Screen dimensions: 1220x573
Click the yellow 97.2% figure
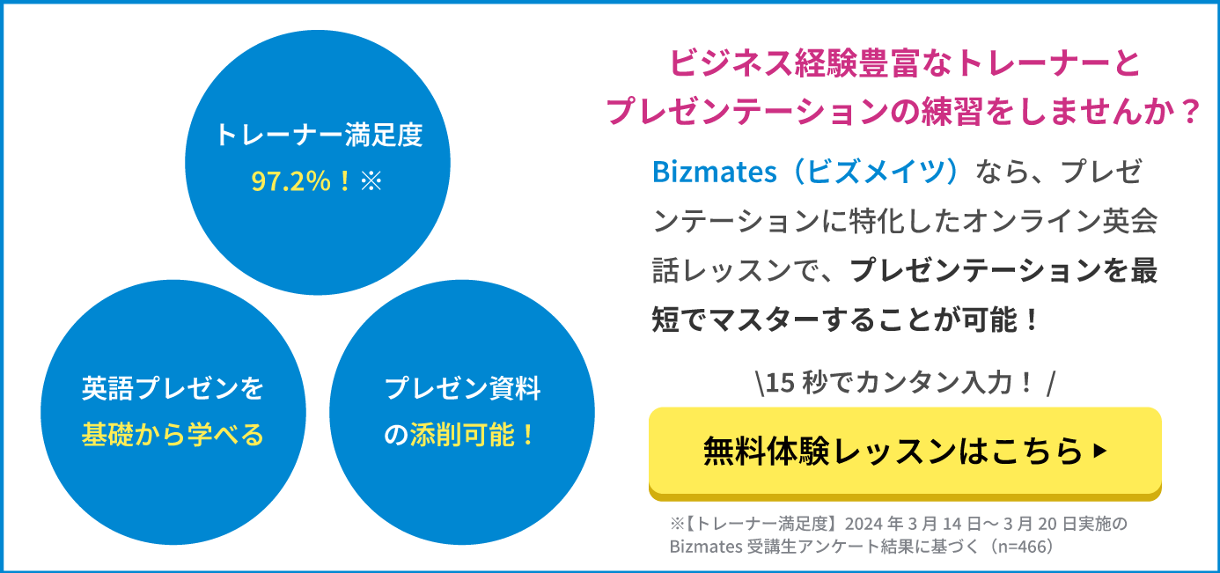click(290, 180)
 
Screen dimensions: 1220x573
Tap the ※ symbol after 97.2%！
click(371, 181)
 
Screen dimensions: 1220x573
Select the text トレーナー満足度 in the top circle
click(319, 135)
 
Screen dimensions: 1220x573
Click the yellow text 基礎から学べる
click(173, 435)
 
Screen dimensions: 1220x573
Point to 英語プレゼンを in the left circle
click(173, 388)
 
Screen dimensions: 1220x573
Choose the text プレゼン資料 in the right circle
click(462, 388)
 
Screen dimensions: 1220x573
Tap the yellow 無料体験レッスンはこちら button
click(905, 453)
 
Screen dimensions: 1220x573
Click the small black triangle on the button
click(1100, 451)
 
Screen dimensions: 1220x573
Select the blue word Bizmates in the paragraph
click(714, 173)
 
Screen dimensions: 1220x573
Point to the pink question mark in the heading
click(1187, 112)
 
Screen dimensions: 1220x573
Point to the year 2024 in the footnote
click(864, 524)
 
